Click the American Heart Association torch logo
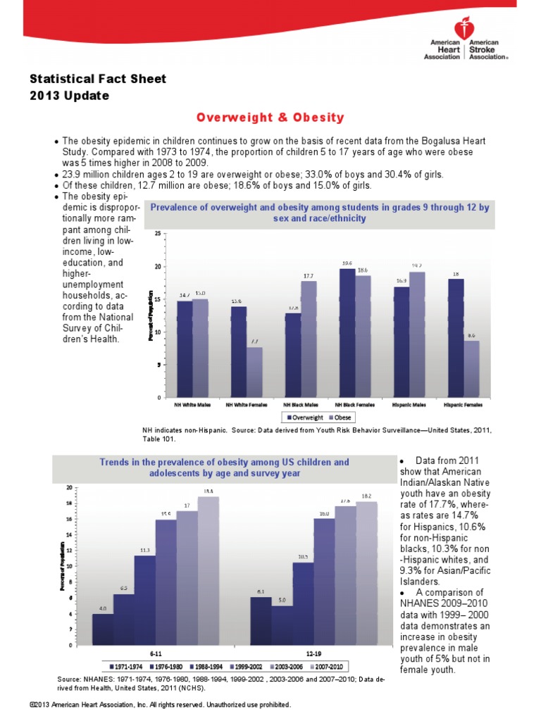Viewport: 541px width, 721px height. click(461, 28)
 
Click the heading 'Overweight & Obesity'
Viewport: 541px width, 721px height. click(270, 117)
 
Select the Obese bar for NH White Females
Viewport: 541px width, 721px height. click(254, 372)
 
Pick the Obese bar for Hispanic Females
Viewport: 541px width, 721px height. click(472, 368)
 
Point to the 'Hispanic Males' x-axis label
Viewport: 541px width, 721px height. click(409, 405)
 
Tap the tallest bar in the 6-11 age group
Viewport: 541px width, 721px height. click(208, 570)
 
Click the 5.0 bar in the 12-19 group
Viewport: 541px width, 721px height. click(282, 625)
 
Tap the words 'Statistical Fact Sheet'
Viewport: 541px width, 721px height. click(98, 79)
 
